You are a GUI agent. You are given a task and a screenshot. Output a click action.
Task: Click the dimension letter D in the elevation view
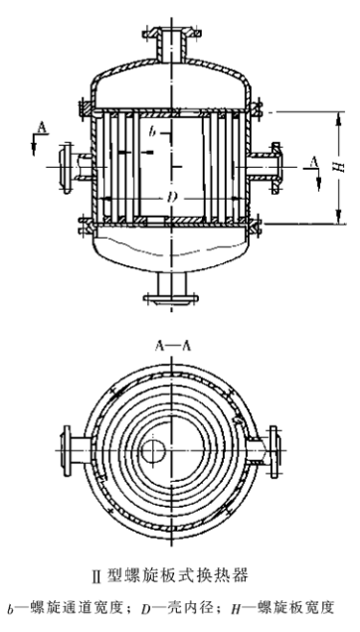172,198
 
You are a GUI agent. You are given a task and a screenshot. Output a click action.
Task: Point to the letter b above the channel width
151,130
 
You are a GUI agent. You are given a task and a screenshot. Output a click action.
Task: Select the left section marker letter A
42,127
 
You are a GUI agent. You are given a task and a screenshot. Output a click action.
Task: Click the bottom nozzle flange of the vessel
171,299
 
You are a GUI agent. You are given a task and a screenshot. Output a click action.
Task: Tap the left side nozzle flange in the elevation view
66,167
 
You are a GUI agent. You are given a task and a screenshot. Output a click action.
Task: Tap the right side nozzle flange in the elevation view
276,167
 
